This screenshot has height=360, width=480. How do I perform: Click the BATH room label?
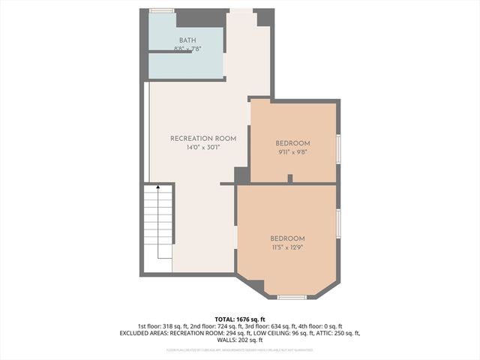[x=187, y=40]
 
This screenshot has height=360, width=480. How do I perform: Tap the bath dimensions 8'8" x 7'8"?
[x=187, y=49]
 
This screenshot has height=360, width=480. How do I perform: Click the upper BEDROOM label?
[x=292, y=143]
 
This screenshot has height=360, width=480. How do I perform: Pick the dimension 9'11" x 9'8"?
[x=292, y=152]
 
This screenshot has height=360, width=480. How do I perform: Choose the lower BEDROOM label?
[x=288, y=238]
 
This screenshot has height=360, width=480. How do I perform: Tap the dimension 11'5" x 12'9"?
[x=288, y=247]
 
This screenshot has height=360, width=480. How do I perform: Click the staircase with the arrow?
[x=159, y=225]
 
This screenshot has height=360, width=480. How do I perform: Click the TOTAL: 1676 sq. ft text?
[x=239, y=319]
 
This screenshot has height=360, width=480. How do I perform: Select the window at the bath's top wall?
[x=161, y=10]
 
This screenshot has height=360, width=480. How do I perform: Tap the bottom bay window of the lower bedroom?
[x=292, y=298]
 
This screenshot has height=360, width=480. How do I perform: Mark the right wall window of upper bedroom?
[x=338, y=148]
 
